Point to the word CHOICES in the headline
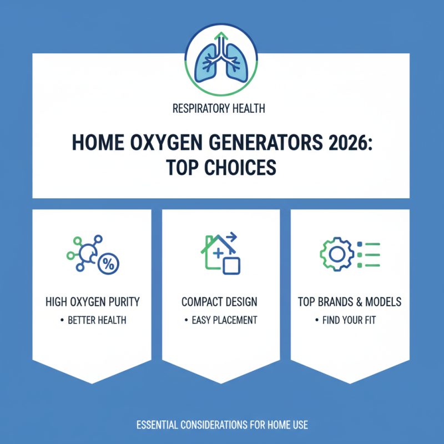[x=243, y=168]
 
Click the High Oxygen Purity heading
[x=92, y=302]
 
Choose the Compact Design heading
[x=219, y=302]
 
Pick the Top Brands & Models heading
[x=349, y=302]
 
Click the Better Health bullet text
[x=94, y=320]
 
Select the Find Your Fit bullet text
[x=349, y=320]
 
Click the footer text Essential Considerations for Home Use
[x=221, y=425]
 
